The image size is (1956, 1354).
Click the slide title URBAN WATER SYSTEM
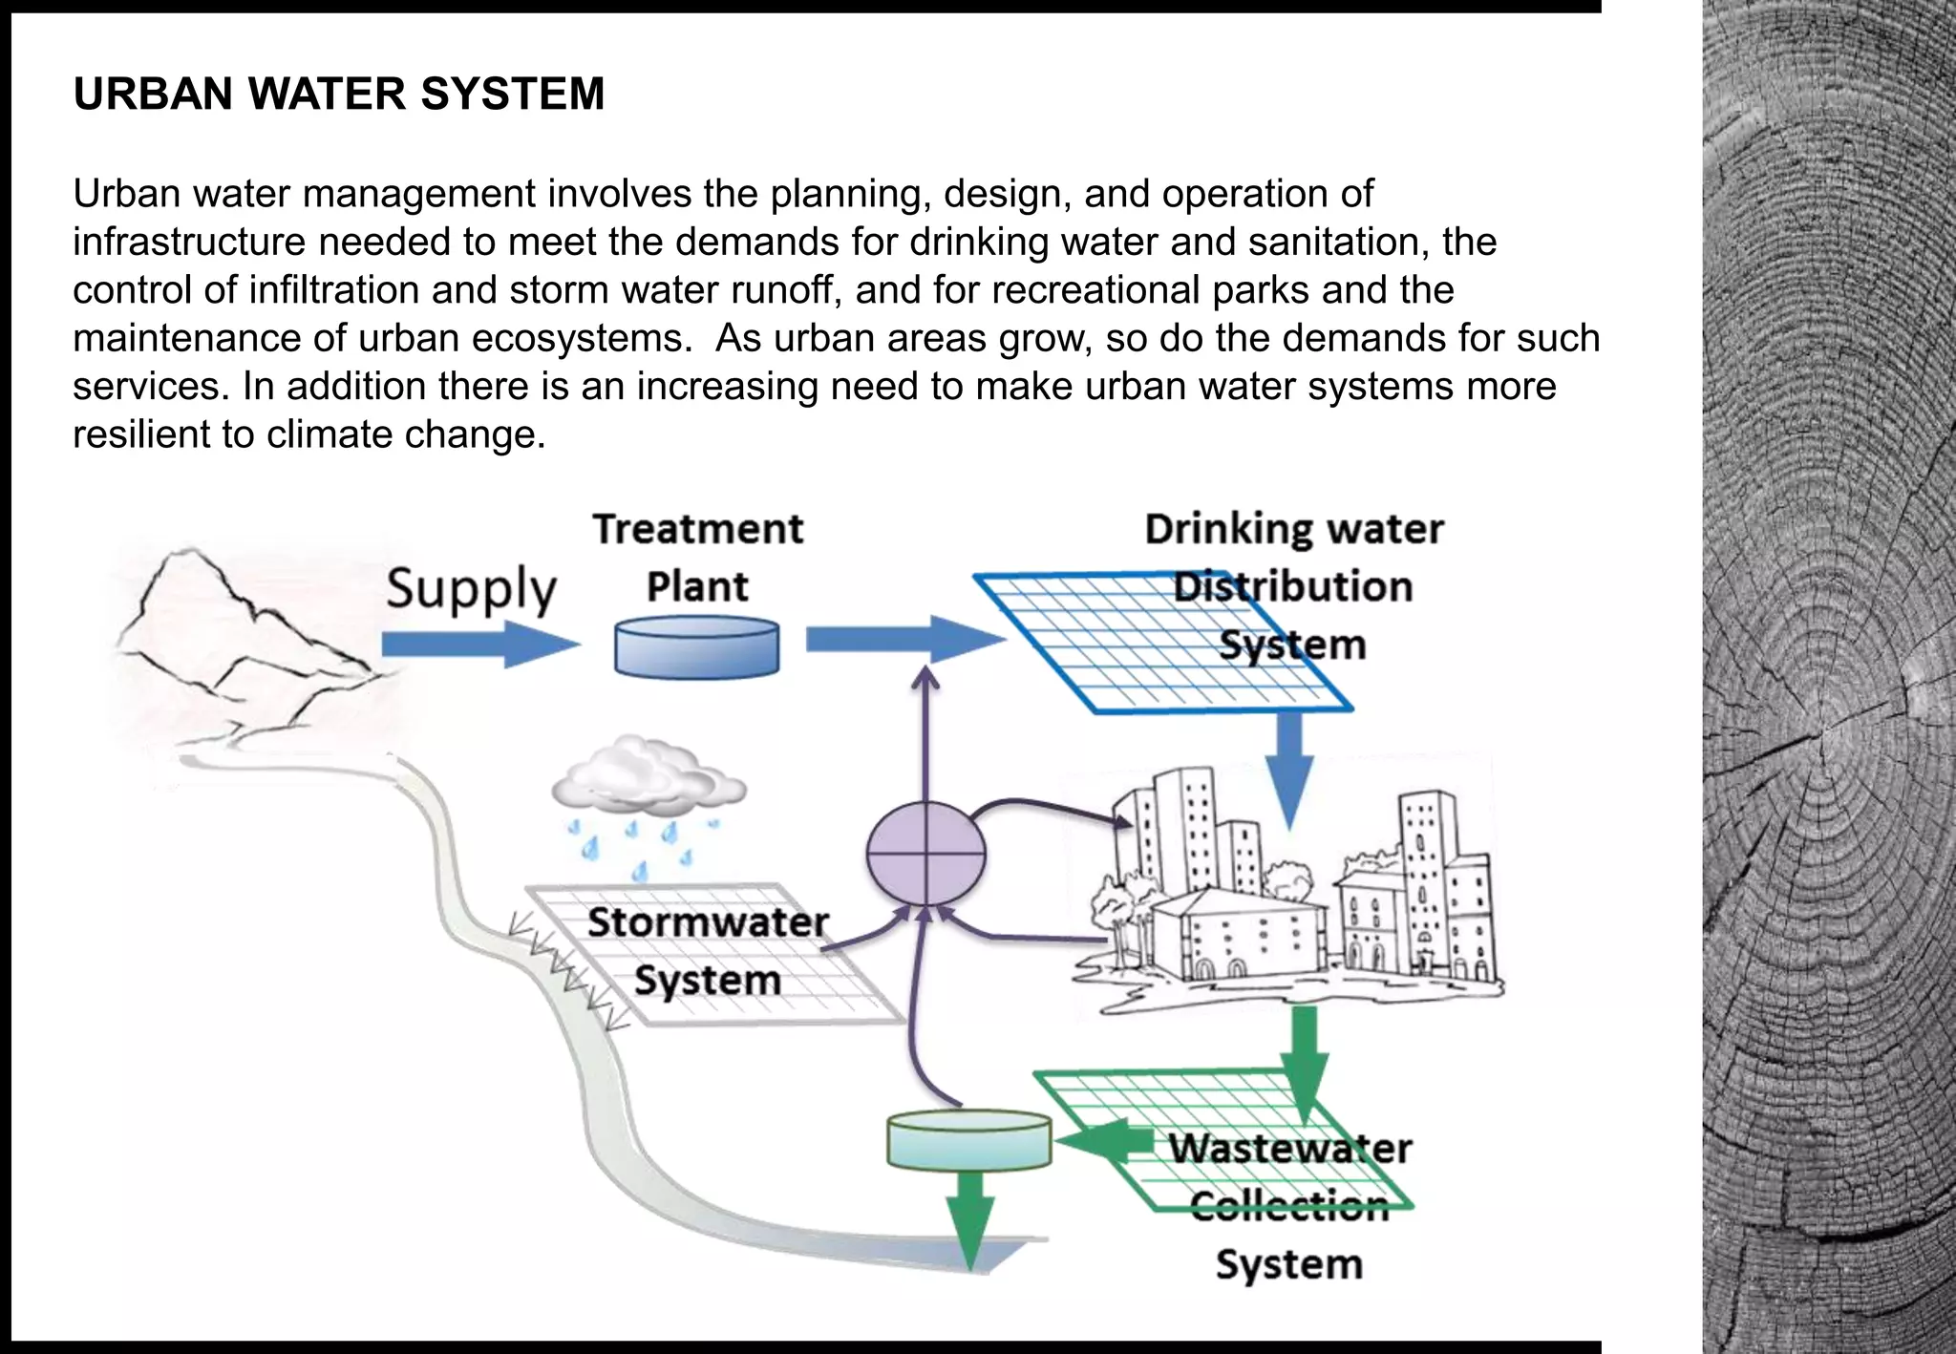(x=338, y=94)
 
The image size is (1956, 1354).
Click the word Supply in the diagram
(x=471, y=588)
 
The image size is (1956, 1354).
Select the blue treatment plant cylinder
(x=696, y=647)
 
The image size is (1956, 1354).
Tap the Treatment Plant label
(x=697, y=557)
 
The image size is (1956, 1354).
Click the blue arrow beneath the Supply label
(x=478, y=645)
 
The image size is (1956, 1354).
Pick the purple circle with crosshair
(x=925, y=854)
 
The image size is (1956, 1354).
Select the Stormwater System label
(x=708, y=950)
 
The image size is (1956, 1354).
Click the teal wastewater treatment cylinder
(x=968, y=1138)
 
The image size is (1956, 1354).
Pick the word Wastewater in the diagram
(x=1289, y=1149)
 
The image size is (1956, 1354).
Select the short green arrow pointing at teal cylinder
(x=1103, y=1138)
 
